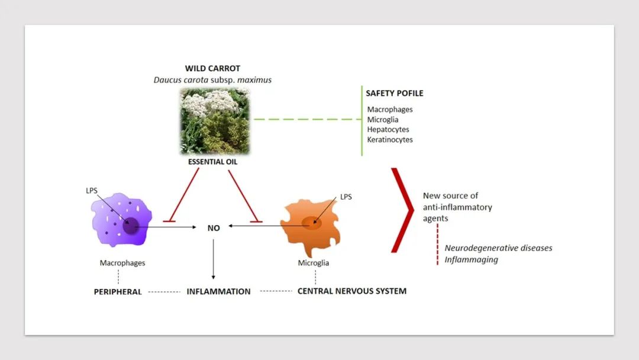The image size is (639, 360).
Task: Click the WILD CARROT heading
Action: click(x=212, y=69)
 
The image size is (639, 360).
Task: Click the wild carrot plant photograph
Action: click(x=215, y=122)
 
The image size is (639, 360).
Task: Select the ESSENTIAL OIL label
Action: click(x=212, y=161)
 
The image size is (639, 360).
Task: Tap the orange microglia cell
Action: click(x=311, y=226)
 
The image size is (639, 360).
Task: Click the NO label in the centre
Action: click(x=214, y=227)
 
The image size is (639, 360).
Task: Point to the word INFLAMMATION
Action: click(x=219, y=291)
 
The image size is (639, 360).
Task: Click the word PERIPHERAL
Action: click(x=118, y=292)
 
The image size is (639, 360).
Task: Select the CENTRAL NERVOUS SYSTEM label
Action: click(x=351, y=291)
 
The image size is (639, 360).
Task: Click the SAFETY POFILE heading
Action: click(x=395, y=93)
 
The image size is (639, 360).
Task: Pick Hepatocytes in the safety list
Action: click(x=388, y=130)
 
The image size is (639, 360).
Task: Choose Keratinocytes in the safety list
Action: click(x=390, y=140)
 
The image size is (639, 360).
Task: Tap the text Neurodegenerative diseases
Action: click(x=498, y=248)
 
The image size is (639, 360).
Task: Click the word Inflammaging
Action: click(x=472, y=259)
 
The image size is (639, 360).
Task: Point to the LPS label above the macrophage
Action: click(x=92, y=192)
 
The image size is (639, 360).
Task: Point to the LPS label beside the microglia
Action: click(x=346, y=197)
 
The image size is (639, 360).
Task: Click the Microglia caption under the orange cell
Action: click(x=314, y=263)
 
